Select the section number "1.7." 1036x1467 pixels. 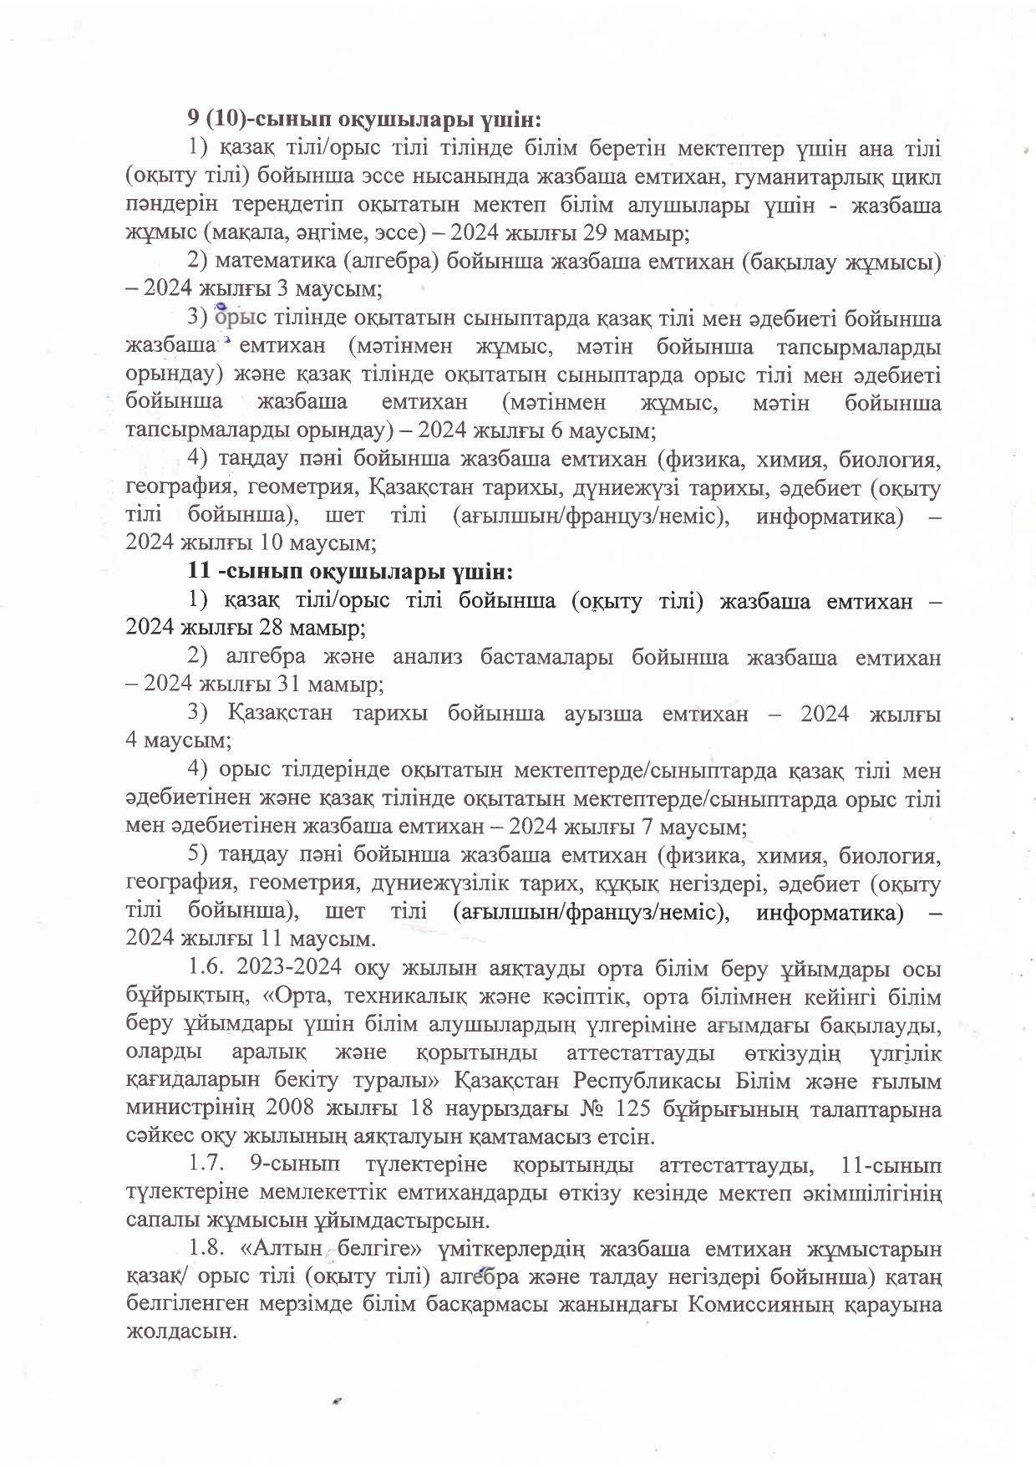tap(206, 1164)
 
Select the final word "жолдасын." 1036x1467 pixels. tap(176, 1333)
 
